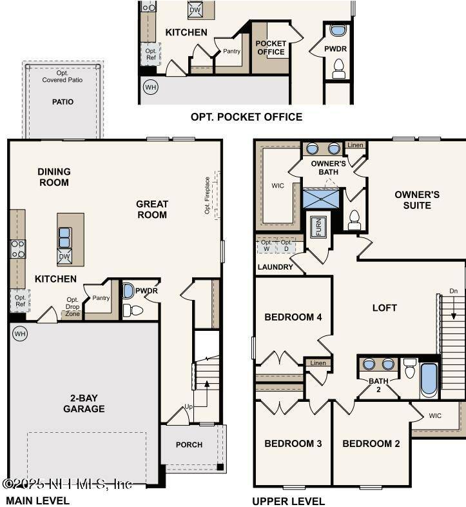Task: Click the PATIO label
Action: pyautogui.click(x=63, y=102)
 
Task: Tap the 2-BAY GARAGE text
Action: pyautogui.click(x=84, y=403)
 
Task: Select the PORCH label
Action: pyautogui.click(x=189, y=444)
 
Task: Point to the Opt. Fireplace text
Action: pyautogui.click(x=208, y=195)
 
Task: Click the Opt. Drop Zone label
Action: pyautogui.click(x=72, y=306)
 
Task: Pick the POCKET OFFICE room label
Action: pyautogui.click(x=271, y=48)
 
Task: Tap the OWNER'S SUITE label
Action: pyautogui.click(x=417, y=200)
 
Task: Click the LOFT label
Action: pyautogui.click(x=385, y=308)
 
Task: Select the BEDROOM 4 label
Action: pyautogui.click(x=293, y=317)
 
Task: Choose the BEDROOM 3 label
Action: pyautogui.click(x=293, y=444)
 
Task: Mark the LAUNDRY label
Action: pyautogui.click(x=275, y=267)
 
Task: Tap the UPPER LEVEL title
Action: pyautogui.click(x=288, y=501)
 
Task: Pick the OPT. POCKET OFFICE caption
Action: pyautogui.click(x=246, y=117)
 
